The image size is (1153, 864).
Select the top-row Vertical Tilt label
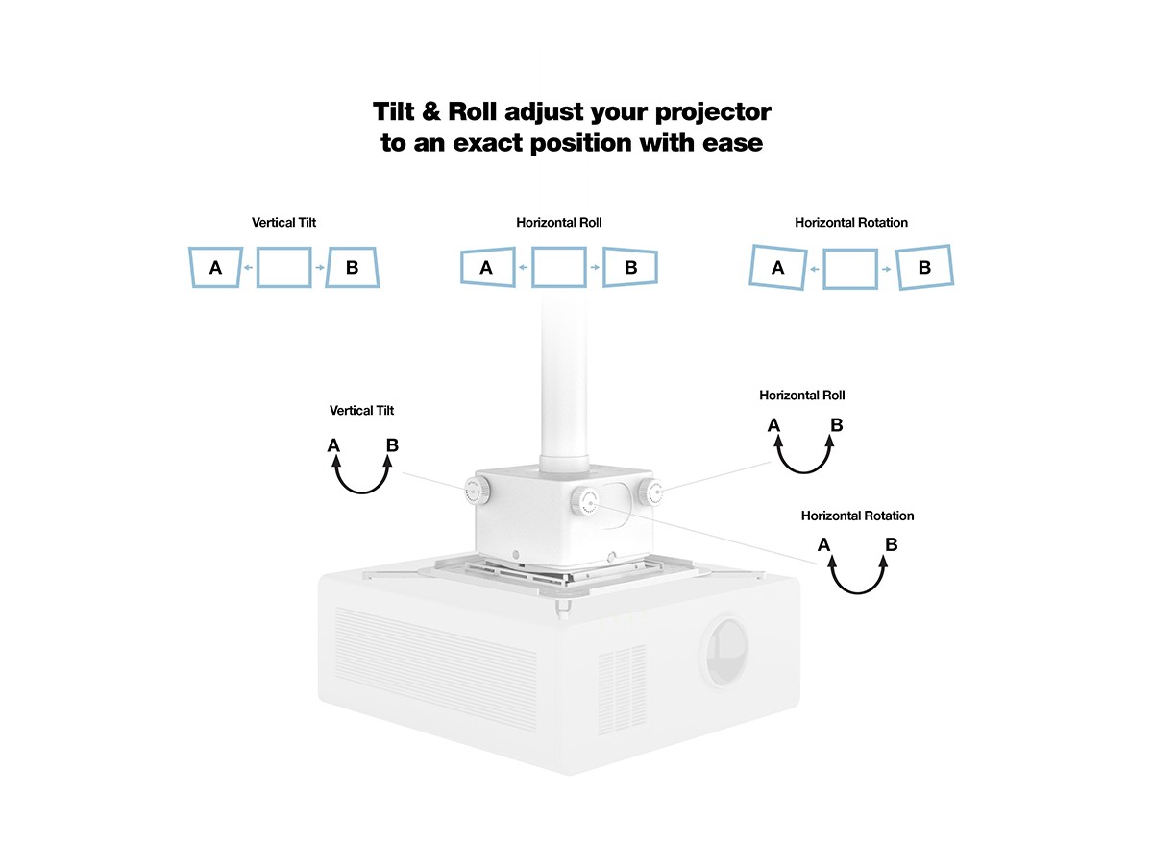click(x=283, y=223)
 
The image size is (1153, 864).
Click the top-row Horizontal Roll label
click(x=559, y=223)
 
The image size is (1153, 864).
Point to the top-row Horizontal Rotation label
click(x=851, y=223)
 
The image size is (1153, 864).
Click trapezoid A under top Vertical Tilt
click(x=190, y=268)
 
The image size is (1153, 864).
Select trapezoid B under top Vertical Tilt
click(x=376, y=268)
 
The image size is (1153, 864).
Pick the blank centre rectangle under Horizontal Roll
click(x=532, y=268)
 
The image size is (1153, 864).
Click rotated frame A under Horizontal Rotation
click(x=751, y=267)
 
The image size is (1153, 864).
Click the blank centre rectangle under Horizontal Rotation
click(x=824, y=269)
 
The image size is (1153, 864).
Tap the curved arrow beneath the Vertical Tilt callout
click(x=362, y=492)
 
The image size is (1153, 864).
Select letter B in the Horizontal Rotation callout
click(x=891, y=544)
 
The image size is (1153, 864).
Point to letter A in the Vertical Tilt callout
click(x=333, y=445)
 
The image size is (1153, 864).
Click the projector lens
click(x=726, y=651)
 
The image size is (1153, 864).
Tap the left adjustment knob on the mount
click(x=477, y=490)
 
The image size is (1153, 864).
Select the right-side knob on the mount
click(x=650, y=492)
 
